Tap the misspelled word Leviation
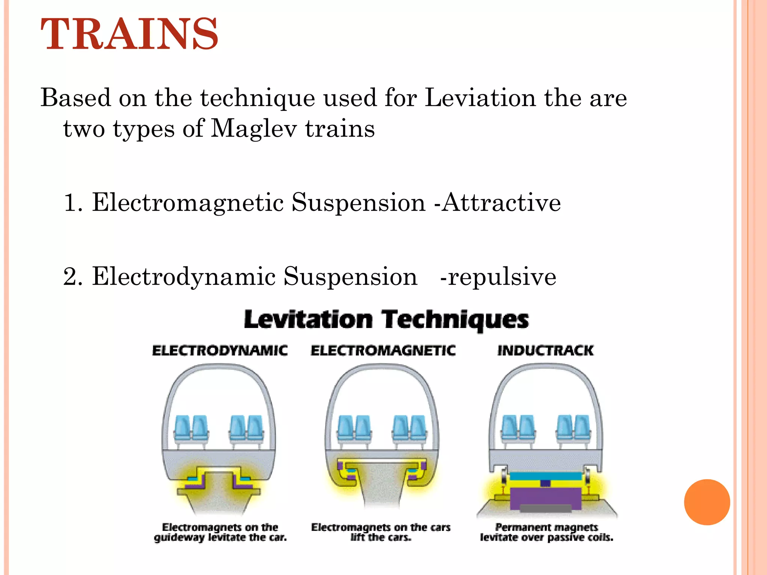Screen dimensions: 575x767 tap(480, 98)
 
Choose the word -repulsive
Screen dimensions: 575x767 tap(498, 277)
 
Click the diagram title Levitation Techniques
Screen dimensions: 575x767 tap(386, 320)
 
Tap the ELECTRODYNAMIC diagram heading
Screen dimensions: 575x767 tap(220, 351)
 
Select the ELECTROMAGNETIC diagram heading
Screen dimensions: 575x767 tap(383, 351)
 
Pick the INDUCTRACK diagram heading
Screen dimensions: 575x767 tap(545, 351)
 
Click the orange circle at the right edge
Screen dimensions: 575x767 tap(707, 502)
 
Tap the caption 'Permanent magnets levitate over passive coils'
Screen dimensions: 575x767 tap(546, 532)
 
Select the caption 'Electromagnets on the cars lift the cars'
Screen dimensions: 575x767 tap(381, 532)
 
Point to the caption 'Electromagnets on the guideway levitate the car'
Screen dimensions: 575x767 tap(220, 532)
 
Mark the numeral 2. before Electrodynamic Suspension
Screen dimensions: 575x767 tap(73, 277)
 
